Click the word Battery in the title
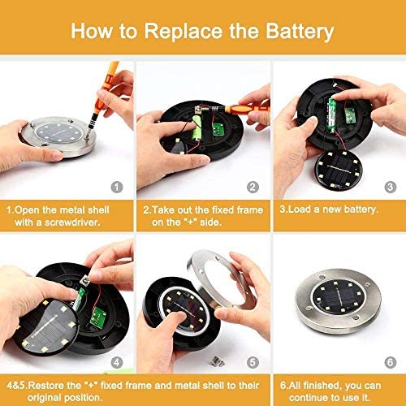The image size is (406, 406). tap(300, 32)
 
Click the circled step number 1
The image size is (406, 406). tap(117, 187)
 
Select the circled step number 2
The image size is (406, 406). tap(253, 187)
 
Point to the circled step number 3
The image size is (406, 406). tap(391, 187)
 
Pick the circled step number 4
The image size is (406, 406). tap(117, 362)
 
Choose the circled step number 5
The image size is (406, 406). tap(253, 362)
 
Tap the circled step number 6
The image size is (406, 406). tap(391, 362)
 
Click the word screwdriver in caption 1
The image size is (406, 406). tap(71, 222)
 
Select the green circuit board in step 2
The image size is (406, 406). tap(218, 130)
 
